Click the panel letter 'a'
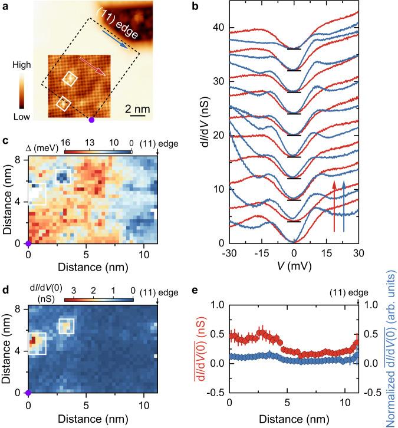pos(5,7)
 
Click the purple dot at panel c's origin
pos(28,243)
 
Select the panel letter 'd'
pos(5,289)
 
